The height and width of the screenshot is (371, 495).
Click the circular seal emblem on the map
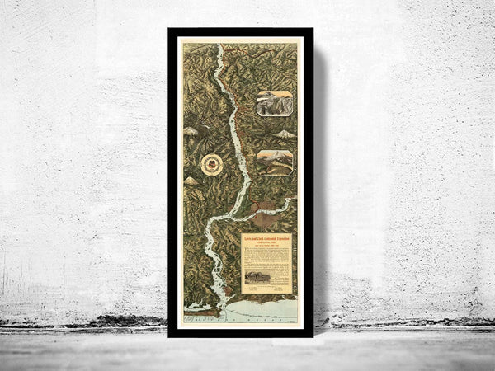[x=211, y=164]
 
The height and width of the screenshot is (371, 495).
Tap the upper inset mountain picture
[x=274, y=103]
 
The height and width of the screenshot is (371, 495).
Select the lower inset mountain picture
[x=274, y=162]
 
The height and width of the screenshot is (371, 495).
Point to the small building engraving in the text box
[x=257, y=277]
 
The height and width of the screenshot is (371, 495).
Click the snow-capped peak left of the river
[x=191, y=130]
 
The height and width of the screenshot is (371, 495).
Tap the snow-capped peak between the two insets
[x=284, y=134]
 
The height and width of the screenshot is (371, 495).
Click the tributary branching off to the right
[x=272, y=206]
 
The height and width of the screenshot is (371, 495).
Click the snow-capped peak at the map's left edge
[x=188, y=181]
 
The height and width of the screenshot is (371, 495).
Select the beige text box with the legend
[x=266, y=264]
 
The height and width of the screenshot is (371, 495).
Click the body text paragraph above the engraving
[x=266, y=256]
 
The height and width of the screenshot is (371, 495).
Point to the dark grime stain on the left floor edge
[x=115, y=322]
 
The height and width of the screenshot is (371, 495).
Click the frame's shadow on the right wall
[x=320, y=181]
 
